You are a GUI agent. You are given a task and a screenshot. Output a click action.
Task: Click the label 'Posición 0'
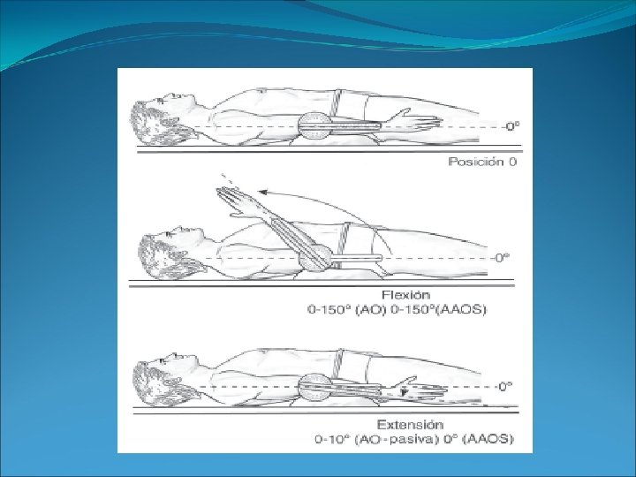pos(481,162)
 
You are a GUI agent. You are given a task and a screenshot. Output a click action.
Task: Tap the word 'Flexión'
pos(406,295)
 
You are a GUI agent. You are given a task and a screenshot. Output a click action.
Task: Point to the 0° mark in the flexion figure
pos(502,257)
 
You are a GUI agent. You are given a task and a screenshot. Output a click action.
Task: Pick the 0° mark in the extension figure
pos(504,386)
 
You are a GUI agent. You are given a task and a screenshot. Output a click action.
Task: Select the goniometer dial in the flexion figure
pos(314,258)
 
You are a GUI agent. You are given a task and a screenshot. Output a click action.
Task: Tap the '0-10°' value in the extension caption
pos(332,438)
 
